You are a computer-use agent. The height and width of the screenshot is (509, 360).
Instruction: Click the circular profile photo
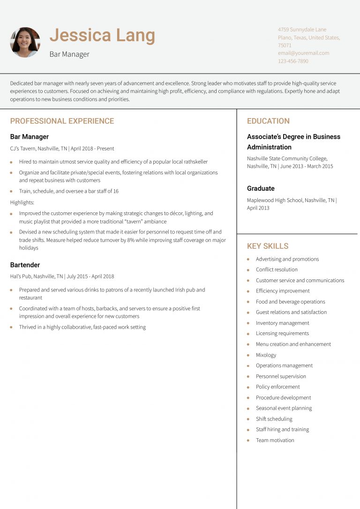25,42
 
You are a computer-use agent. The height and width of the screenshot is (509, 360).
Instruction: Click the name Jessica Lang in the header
102,36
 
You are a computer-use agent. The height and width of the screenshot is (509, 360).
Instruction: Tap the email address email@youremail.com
303,53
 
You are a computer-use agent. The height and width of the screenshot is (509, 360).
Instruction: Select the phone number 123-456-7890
293,61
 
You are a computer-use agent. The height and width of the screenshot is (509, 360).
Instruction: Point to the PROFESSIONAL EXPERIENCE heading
62,121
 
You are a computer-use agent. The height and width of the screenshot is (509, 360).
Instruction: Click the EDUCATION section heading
268,121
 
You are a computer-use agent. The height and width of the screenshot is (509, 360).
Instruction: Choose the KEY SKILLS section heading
268,246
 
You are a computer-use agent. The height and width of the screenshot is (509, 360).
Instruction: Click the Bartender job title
25,265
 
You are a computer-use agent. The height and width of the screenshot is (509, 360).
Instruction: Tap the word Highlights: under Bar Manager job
22,202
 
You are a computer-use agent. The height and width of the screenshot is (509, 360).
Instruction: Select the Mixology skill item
266,355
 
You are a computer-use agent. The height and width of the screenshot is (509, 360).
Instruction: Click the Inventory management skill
282,323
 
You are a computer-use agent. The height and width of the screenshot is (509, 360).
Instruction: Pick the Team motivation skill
275,440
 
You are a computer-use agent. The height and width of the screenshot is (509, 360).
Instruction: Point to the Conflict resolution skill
277,269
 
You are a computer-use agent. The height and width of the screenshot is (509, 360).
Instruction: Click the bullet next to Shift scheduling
248,419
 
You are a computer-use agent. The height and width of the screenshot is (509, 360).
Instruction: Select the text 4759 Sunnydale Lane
302,30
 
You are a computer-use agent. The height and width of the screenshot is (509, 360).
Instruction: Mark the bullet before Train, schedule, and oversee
11,191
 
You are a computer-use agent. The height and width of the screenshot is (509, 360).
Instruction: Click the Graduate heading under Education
261,188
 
